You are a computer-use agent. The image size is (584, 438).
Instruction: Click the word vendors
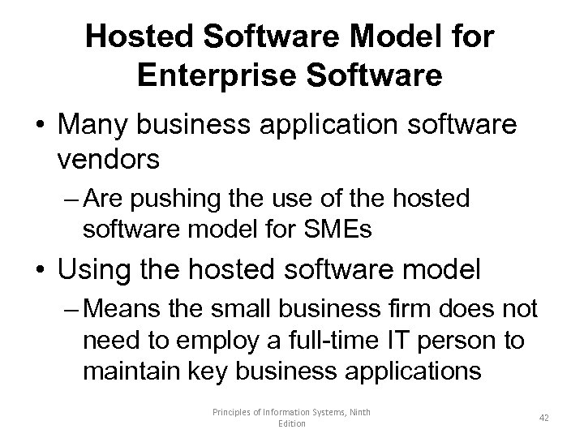109,159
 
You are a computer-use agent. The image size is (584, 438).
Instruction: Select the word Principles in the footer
232,412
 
